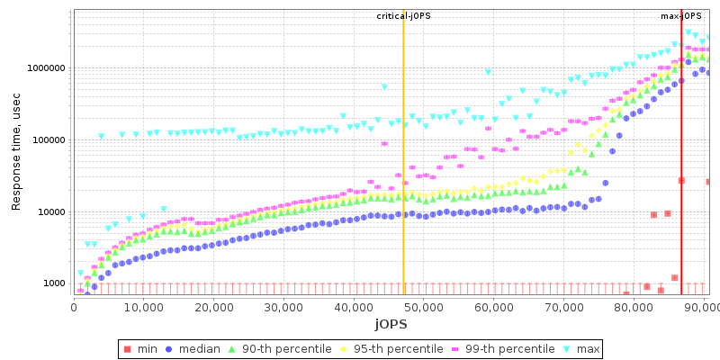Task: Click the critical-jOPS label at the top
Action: point(402,16)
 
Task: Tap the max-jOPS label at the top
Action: point(681,16)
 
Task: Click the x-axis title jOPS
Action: point(391,323)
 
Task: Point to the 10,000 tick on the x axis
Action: point(143,307)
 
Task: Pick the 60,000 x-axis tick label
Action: point(493,307)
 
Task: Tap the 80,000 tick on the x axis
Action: point(634,307)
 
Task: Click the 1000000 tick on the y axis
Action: point(44,68)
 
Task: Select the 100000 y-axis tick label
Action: point(47,140)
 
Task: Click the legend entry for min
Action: point(141,348)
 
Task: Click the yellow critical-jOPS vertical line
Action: point(403,180)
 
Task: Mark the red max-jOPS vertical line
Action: point(681,180)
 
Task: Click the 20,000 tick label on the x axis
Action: point(213,307)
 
